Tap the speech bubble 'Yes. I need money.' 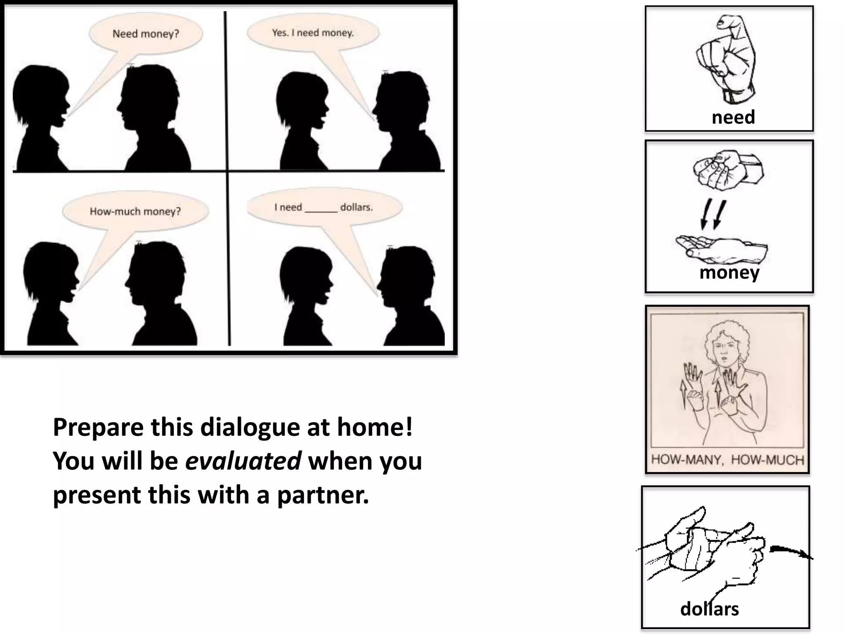(313, 33)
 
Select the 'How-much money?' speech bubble (135, 211)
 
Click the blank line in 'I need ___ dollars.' (321, 210)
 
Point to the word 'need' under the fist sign (733, 118)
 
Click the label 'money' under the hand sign (729, 273)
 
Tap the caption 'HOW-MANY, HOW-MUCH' (727, 460)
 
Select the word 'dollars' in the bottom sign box (709, 609)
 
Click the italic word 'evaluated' (243, 461)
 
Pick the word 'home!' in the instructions (375, 427)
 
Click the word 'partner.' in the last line (323, 495)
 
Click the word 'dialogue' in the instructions (250, 428)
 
